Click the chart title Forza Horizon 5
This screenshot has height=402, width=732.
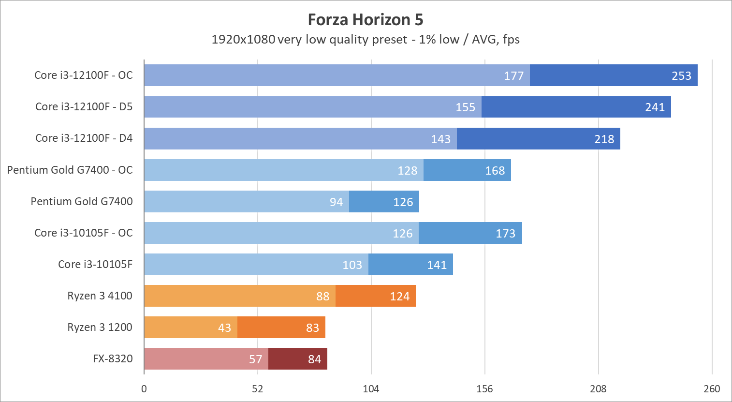click(x=366, y=20)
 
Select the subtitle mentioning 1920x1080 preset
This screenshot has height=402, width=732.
click(x=366, y=40)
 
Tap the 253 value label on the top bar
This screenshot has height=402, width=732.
click(x=681, y=76)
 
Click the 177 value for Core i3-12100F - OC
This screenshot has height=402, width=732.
click(x=513, y=76)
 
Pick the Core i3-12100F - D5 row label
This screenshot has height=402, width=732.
click(x=84, y=107)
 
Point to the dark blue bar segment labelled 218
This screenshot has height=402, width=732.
click(x=538, y=139)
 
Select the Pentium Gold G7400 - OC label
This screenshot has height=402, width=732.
click(x=70, y=170)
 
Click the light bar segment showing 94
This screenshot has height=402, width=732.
click(x=247, y=202)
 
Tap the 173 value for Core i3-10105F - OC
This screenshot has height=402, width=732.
click(x=505, y=234)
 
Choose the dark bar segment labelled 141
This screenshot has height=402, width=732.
click(x=410, y=265)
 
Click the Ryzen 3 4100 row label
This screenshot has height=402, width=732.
click(x=100, y=296)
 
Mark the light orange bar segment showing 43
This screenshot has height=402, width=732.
click(x=190, y=328)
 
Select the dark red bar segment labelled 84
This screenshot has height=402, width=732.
click(x=298, y=359)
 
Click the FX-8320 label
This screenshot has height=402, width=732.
click(x=113, y=359)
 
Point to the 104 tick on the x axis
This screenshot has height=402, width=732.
click(x=371, y=389)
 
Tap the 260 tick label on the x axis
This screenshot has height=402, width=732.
click(x=712, y=389)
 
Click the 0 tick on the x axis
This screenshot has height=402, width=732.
click(x=144, y=389)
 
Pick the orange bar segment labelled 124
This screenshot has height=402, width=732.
click(x=375, y=296)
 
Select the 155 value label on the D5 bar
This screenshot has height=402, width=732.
click(x=465, y=107)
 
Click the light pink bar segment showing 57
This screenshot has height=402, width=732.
click(x=206, y=359)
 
